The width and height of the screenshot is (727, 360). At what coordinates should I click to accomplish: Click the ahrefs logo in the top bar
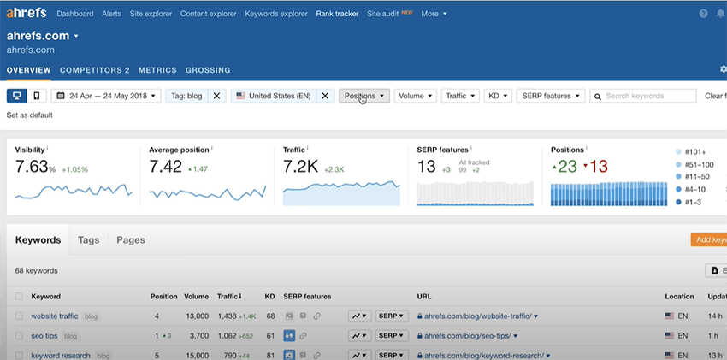27,14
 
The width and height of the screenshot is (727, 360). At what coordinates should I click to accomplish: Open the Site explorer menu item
151,14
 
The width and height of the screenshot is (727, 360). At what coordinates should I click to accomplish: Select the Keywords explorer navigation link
275,14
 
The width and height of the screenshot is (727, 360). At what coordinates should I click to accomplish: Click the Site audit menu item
383,14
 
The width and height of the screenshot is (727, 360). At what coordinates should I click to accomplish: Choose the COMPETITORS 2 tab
95,70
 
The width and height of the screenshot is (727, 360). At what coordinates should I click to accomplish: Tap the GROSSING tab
208,70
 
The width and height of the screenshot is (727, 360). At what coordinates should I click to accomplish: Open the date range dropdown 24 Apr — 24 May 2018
106,97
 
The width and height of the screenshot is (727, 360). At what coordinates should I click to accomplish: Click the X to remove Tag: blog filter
216,97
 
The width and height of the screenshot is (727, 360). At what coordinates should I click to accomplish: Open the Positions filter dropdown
364,97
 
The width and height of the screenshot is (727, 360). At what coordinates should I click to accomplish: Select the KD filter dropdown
498,97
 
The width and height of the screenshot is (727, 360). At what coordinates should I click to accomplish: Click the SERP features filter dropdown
551,97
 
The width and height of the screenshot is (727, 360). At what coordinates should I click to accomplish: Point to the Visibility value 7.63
32,167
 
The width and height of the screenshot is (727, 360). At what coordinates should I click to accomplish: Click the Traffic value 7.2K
301,167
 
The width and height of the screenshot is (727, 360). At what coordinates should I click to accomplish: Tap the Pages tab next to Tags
131,240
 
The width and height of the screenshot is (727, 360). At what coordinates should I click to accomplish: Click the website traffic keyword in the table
55,316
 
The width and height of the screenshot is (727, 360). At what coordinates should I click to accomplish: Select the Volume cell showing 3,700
197,336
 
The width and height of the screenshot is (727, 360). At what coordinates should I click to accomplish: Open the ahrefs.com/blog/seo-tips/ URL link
473,336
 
